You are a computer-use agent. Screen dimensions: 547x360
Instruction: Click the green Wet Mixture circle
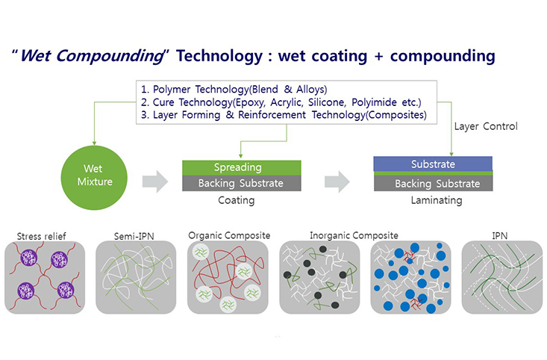[94, 178]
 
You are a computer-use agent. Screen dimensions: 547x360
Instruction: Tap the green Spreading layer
[241, 167]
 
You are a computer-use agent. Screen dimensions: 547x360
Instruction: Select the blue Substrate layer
[433, 164]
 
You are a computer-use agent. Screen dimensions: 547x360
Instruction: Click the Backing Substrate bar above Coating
[241, 183]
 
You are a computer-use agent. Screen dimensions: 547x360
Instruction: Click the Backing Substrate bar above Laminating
[434, 183]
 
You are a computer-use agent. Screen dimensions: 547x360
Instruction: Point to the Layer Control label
[486, 126]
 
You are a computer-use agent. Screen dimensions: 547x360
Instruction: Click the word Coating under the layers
[236, 200]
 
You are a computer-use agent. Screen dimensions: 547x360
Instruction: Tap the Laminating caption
[437, 200]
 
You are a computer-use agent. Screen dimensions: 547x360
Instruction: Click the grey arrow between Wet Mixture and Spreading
[155, 181]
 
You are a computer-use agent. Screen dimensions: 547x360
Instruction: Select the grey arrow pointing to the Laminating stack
[337, 181]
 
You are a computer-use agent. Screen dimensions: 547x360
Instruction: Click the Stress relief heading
[42, 237]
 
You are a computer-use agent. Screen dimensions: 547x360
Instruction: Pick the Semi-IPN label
[134, 237]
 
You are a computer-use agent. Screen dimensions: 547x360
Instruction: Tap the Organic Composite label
[229, 236]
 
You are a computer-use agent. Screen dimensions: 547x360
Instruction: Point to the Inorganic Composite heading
[354, 236]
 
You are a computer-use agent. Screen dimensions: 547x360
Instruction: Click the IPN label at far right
[499, 236]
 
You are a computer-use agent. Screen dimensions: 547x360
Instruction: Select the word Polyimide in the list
[374, 102]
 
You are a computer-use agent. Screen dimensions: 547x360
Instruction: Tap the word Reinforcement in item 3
[272, 115]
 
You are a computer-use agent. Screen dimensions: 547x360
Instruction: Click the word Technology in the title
[219, 56]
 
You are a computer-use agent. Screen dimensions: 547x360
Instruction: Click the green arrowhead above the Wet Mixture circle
[94, 143]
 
